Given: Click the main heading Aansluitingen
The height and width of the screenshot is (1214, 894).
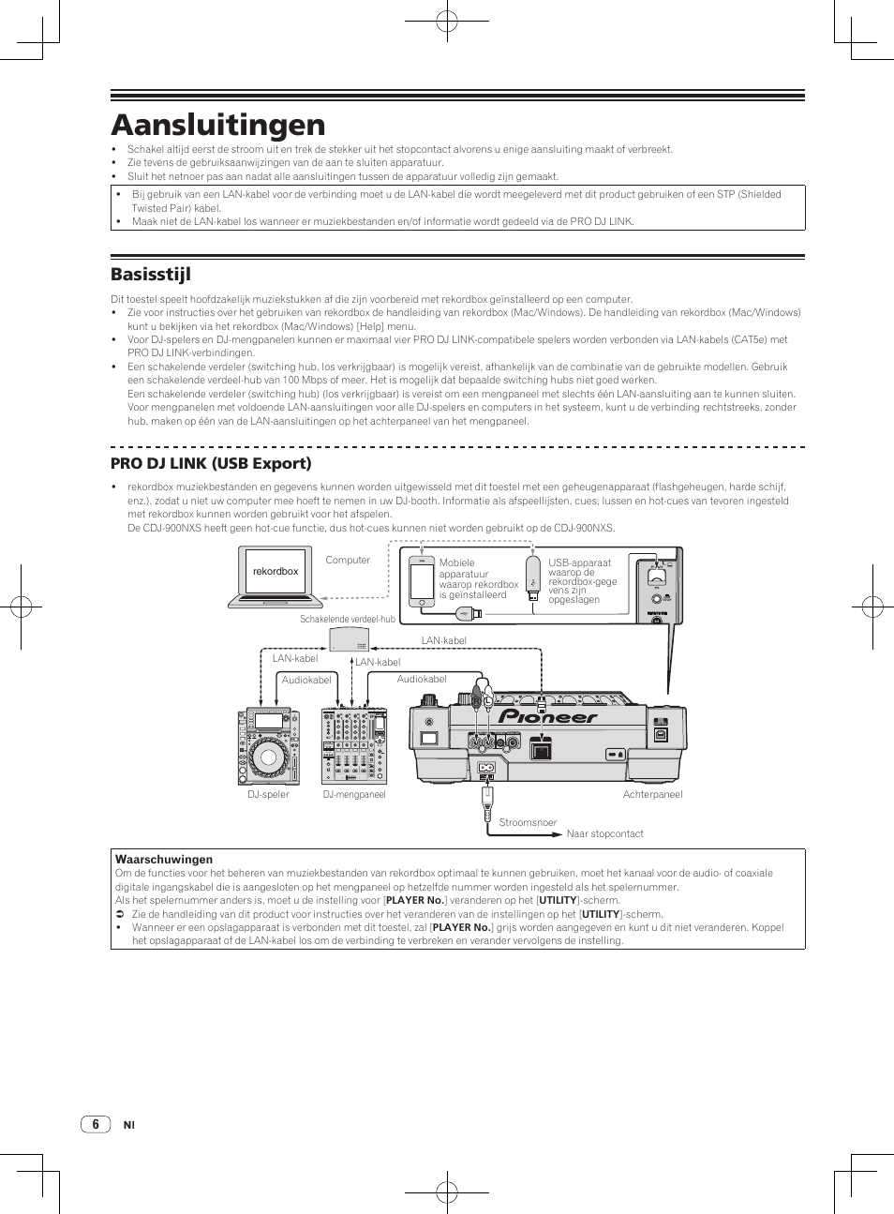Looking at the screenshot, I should (x=217, y=125).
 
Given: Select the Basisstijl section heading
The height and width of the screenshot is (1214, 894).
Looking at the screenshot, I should (x=150, y=274).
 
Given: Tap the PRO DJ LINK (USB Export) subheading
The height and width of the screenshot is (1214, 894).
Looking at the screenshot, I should (x=211, y=463).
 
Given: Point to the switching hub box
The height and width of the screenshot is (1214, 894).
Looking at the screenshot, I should (x=349, y=640).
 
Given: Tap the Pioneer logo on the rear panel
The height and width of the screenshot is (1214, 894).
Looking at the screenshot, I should (x=547, y=717).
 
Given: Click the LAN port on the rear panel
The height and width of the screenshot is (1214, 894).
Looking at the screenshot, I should (x=541, y=747).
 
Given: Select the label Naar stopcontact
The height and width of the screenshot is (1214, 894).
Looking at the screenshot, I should (x=604, y=833).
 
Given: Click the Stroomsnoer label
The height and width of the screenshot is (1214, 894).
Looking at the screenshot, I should (x=528, y=822).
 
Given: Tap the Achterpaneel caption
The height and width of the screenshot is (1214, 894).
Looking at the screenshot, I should (x=652, y=794).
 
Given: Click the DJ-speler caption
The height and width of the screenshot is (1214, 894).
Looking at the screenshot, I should (x=268, y=794).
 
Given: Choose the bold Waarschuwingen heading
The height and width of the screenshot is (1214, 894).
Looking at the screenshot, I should (x=164, y=859).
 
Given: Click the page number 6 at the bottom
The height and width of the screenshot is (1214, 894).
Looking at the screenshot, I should (x=95, y=1124).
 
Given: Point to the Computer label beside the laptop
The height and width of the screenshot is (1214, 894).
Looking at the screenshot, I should (x=348, y=560).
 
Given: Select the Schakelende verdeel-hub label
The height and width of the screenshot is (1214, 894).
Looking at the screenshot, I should (x=348, y=619).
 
